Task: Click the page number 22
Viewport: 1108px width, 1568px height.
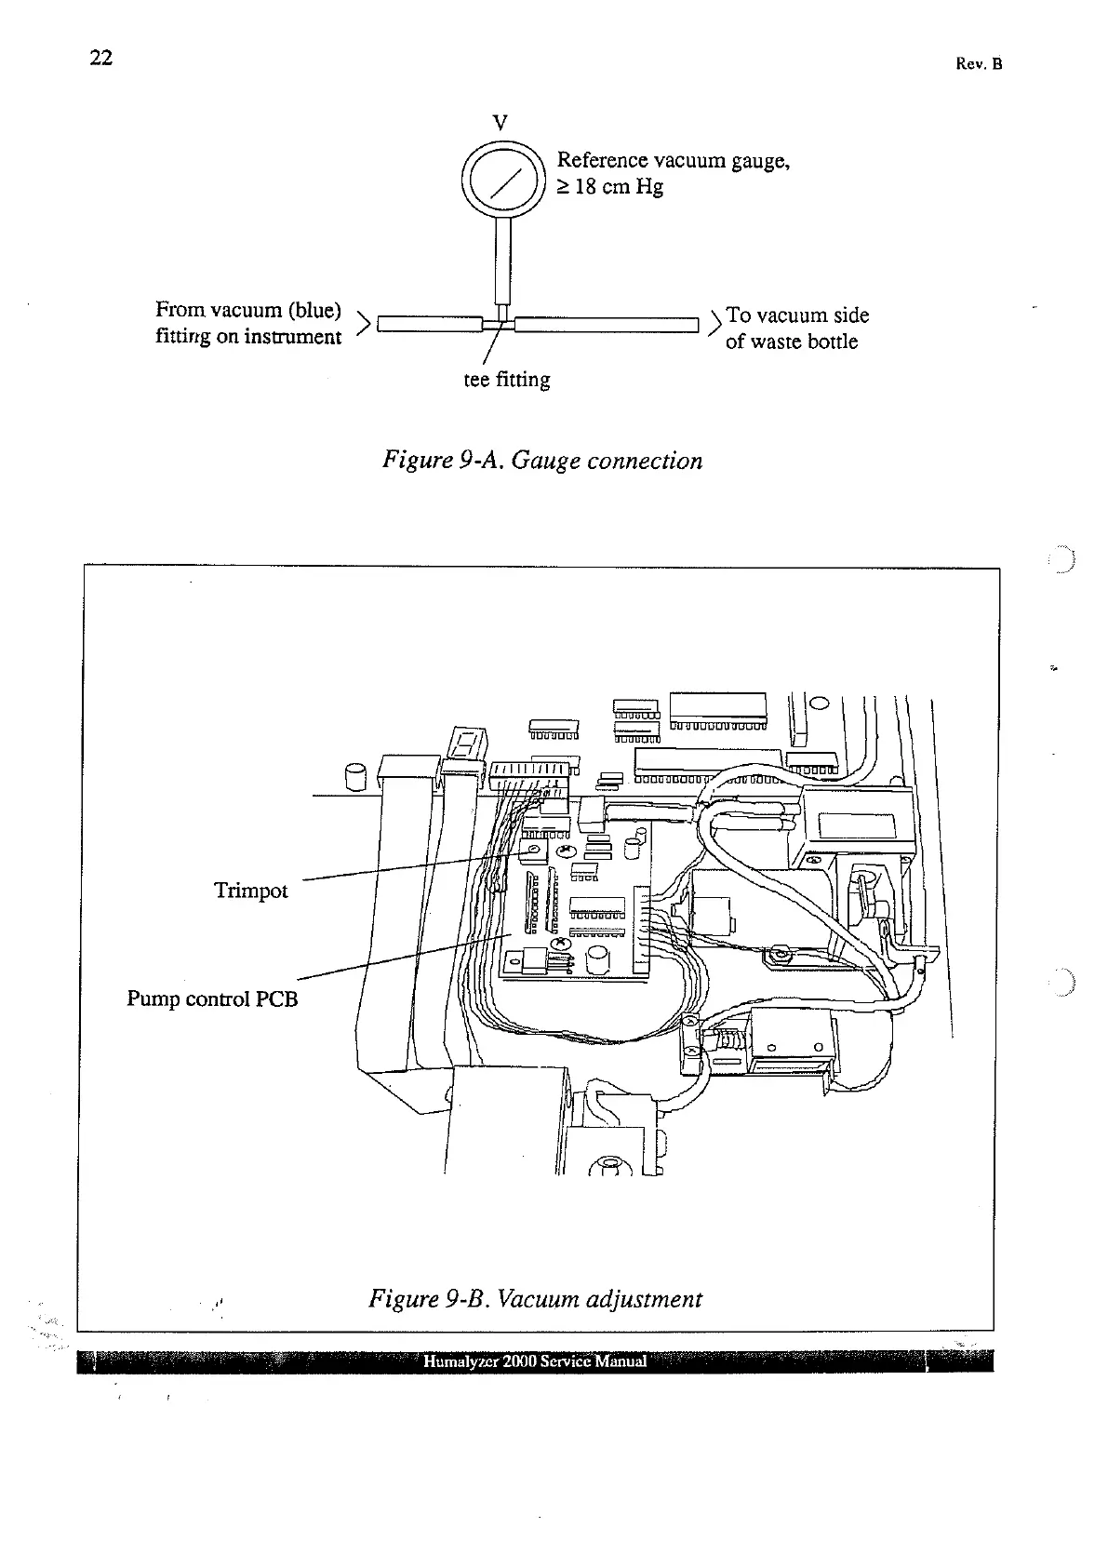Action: point(100,58)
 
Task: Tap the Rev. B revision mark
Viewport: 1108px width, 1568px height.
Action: point(979,64)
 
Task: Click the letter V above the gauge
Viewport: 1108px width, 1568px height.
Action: point(501,122)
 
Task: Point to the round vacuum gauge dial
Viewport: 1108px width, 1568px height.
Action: point(502,181)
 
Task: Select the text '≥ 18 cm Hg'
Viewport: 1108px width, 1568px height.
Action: point(609,187)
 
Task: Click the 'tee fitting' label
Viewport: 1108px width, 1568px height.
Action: point(507,380)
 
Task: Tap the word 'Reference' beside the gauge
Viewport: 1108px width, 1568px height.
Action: point(602,161)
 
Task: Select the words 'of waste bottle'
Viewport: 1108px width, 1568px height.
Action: point(792,342)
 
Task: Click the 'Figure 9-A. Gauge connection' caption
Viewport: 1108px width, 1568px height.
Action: point(542,461)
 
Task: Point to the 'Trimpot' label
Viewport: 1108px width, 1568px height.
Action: point(251,891)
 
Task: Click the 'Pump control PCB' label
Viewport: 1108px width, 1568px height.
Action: point(212,999)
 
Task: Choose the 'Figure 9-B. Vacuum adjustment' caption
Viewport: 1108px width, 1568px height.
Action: point(535,1298)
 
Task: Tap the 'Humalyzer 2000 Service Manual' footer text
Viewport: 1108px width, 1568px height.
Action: point(535,1361)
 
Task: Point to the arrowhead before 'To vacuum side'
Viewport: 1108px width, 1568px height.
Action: point(714,323)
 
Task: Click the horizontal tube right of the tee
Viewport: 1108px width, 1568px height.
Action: point(605,325)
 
